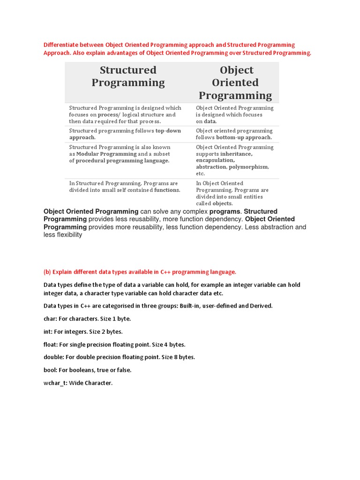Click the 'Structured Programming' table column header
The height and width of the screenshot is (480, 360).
click(128, 76)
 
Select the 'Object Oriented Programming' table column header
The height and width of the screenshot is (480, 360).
click(235, 83)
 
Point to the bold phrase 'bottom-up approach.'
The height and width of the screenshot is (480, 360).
click(244, 137)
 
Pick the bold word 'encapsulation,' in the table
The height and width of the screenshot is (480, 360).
click(215, 160)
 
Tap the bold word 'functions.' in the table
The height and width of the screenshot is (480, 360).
click(167, 190)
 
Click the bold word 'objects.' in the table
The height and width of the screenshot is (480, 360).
click(223, 203)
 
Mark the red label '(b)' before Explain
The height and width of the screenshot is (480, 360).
click(47, 272)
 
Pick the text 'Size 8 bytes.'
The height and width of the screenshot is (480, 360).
click(178, 357)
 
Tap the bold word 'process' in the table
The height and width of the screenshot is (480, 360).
click(107, 114)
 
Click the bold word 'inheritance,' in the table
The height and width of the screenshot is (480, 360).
click(236, 154)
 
